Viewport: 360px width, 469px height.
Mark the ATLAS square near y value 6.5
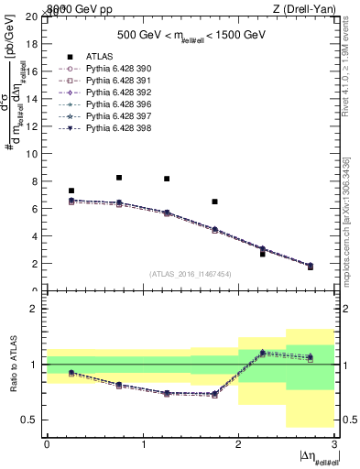coord(214,202)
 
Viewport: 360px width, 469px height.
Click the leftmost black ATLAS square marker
coord(71,191)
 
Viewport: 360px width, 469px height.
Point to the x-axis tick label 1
coord(142,444)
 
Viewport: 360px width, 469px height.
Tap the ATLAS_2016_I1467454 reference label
coord(190,274)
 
